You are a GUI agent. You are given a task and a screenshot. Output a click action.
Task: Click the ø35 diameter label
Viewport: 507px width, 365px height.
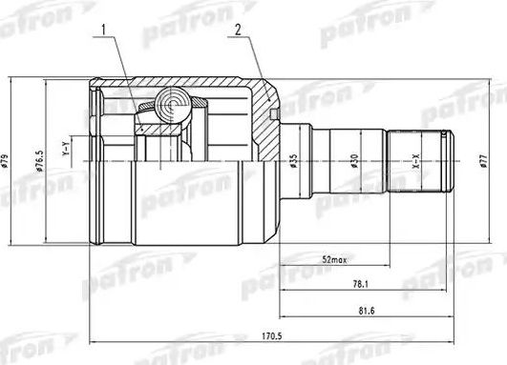point(295,161)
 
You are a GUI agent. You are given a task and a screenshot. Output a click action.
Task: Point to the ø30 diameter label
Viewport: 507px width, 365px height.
point(354,162)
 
